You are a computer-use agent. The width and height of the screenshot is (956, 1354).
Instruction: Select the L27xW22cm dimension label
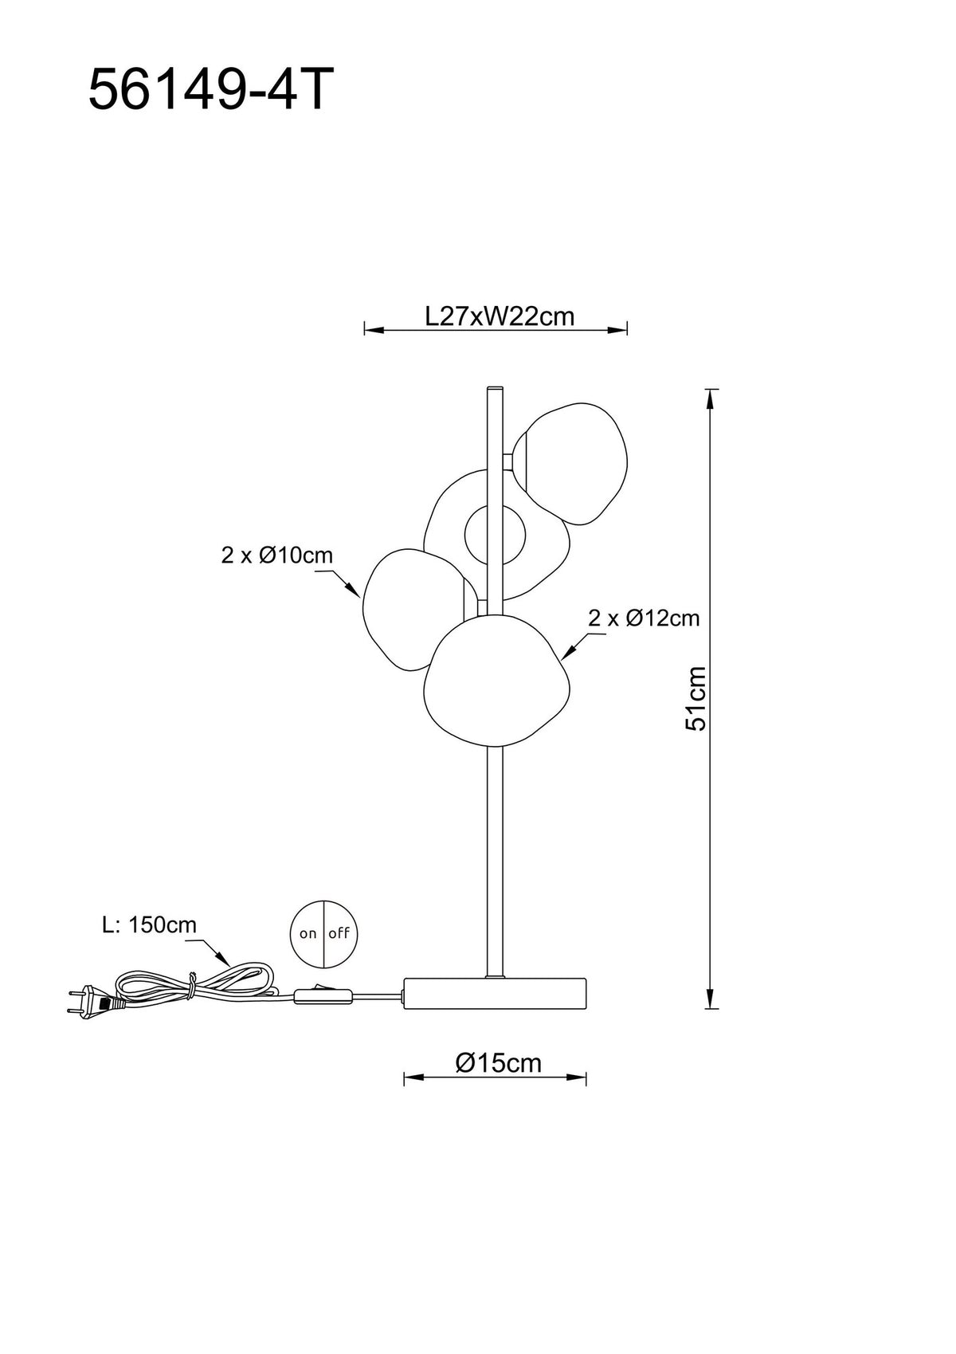500,316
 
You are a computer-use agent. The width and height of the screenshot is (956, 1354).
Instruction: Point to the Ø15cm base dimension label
499,1063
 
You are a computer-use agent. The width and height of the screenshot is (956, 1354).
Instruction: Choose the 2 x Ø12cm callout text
644,618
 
